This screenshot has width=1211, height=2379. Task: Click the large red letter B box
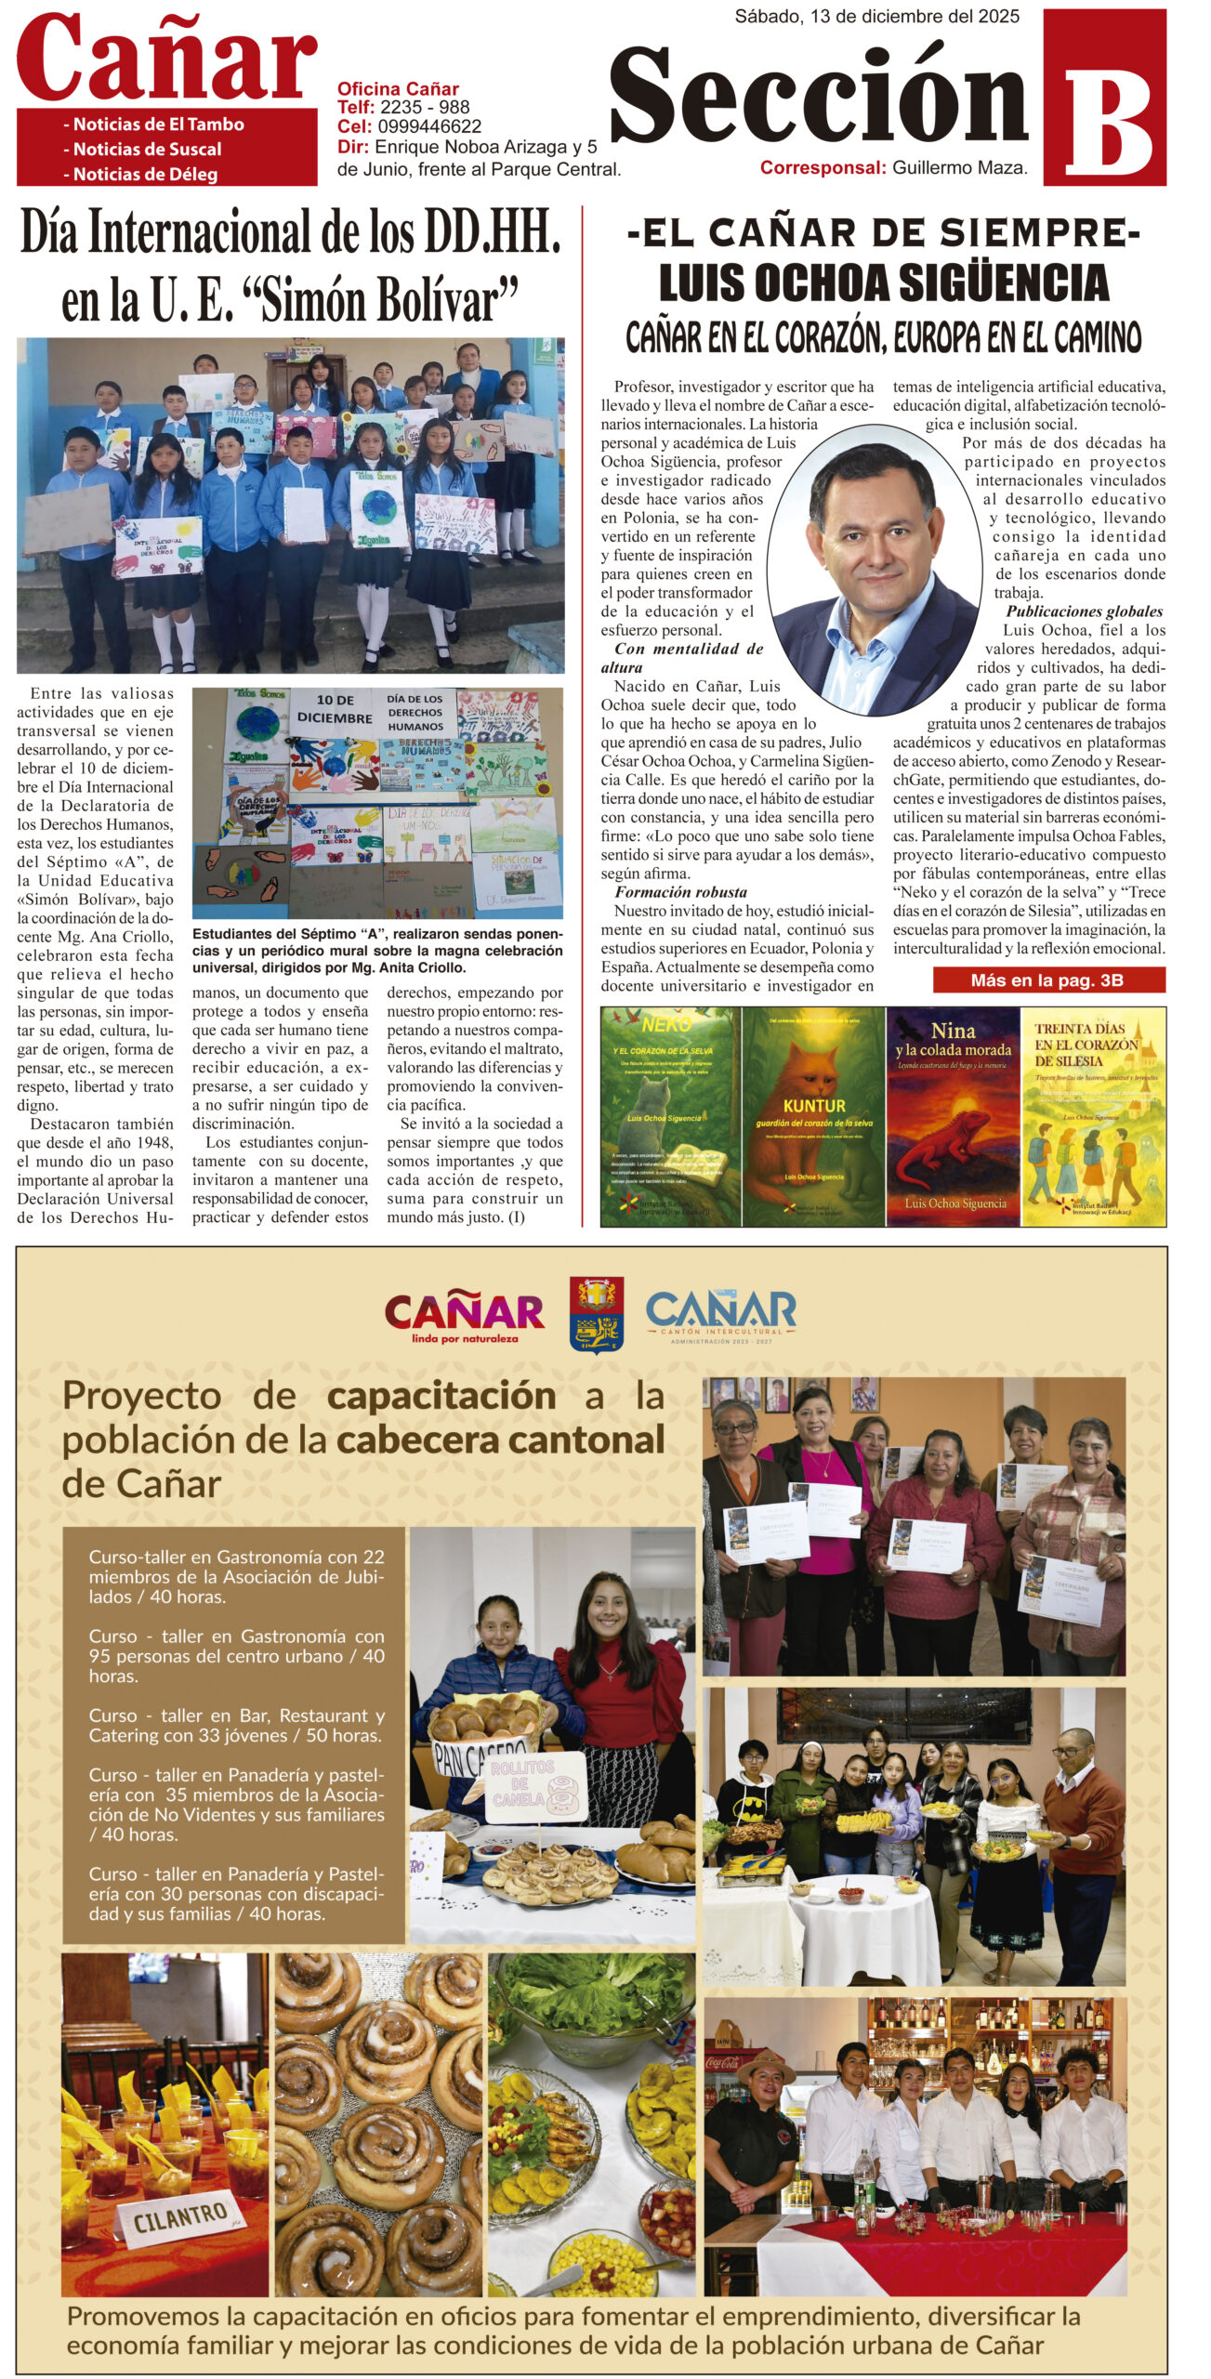[1104, 98]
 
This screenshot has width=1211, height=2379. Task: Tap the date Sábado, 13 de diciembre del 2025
[876, 17]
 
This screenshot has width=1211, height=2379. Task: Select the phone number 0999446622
[429, 126]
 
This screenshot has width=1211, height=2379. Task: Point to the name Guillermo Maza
[959, 168]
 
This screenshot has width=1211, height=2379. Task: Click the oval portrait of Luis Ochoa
[874, 563]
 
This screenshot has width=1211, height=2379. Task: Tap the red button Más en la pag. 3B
[1048, 979]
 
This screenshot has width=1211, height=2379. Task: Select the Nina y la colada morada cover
[953, 1116]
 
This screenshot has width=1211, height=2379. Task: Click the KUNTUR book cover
[813, 1116]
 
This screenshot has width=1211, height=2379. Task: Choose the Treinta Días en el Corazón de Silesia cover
[1093, 1116]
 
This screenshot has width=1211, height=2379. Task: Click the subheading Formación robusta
[680, 892]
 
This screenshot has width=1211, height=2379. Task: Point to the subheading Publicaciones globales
[1084, 611]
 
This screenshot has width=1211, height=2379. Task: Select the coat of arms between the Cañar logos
[596, 1314]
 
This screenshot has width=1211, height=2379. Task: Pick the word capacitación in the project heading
[441, 1396]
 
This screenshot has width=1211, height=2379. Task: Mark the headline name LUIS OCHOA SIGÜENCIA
[883, 283]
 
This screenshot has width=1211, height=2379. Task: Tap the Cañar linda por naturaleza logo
[464, 1316]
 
